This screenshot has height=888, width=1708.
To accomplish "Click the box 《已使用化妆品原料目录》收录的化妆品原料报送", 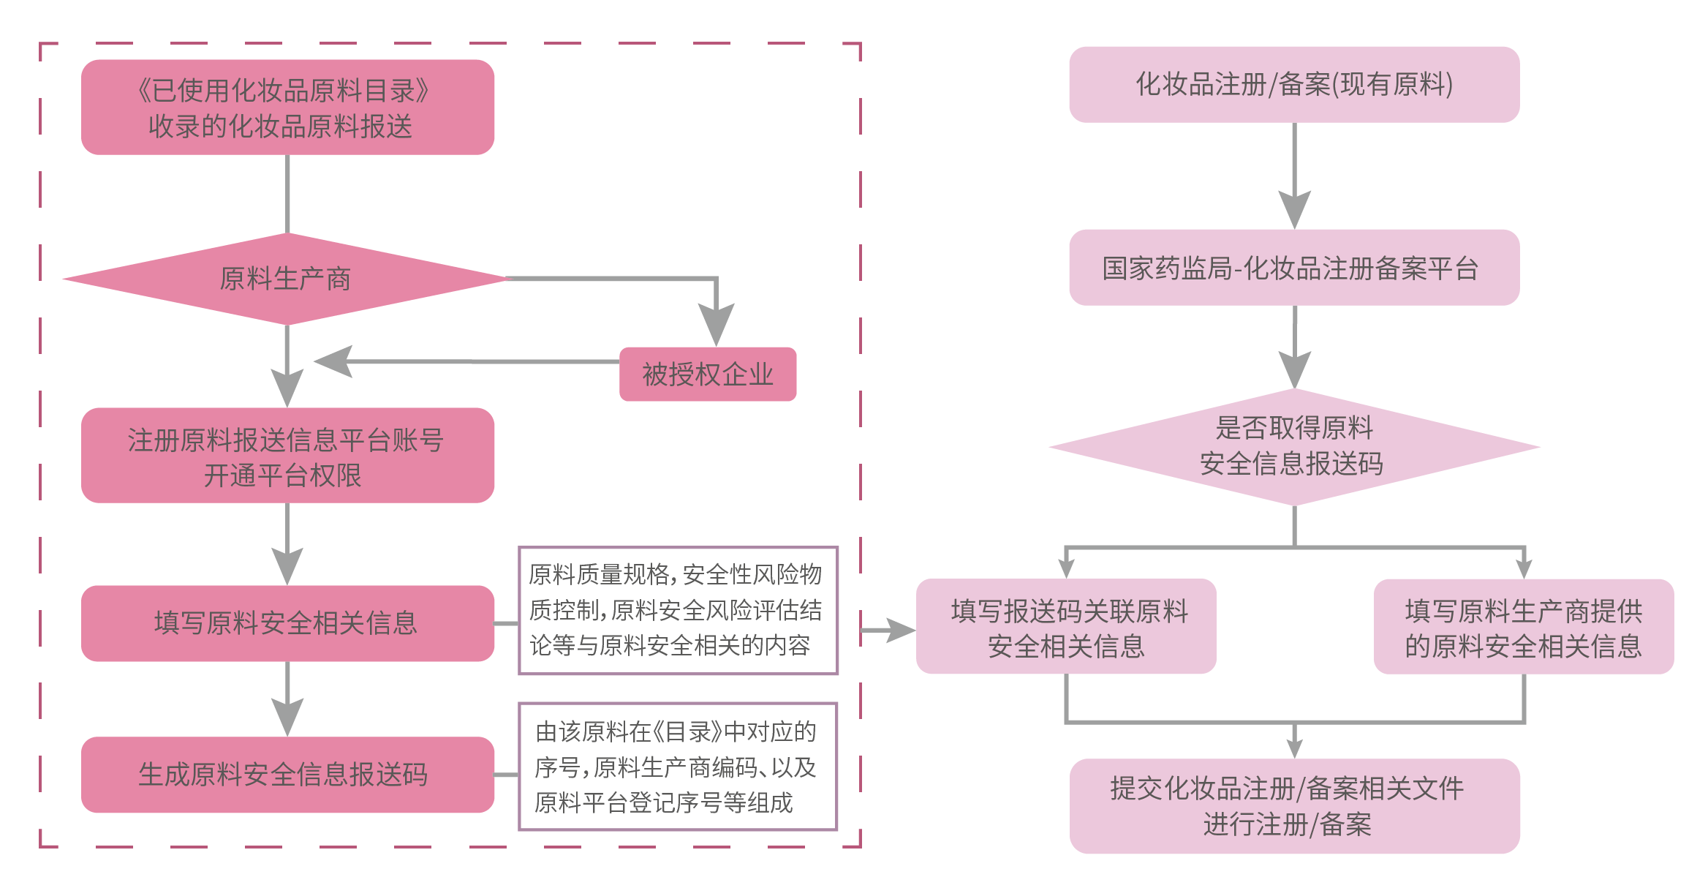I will pyautogui.click(x=287, y=108).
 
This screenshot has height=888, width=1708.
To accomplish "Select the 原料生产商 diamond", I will pyautogui.click(x=286, y=279).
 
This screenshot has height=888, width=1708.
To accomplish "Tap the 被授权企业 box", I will pyautogui.click(x=707, y=374).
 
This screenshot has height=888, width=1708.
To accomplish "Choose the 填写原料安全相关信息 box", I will pyautogui.click(x=287, y=623).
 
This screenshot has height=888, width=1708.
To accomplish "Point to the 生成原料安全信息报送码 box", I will pyautogui.click(x=287, y=775).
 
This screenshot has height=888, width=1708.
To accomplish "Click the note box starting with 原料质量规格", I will pyautogui.click(x=677, y=610).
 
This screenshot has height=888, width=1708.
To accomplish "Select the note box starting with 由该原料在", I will pyautogui.click(x=677, y=767).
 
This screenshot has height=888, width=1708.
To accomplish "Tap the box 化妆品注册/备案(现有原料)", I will pyautogui.click(x=1293, y=85).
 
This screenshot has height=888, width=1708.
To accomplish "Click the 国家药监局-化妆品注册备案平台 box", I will pyautogui.click(x=1293, y=268).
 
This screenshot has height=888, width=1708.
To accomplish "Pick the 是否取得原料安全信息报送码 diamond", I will pyautogui.click(x=1293, y=446).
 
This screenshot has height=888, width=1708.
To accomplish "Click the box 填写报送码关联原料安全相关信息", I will pyautogui.click(x=1065, y=627).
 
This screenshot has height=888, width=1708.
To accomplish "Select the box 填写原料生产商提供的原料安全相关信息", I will pyautogui.click(x=1523, y=627).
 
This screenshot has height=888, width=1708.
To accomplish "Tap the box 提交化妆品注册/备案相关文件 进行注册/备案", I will pyautogui.click(x=1293, y=806).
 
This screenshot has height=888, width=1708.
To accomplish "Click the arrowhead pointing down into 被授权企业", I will pyautogui.click(x=716, y=326).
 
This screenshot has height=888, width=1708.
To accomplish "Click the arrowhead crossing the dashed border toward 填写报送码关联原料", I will pyautogui.click(x=899, y=630).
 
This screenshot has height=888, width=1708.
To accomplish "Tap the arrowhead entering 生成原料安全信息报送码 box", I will pyautogui.click(x=287, y=716).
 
